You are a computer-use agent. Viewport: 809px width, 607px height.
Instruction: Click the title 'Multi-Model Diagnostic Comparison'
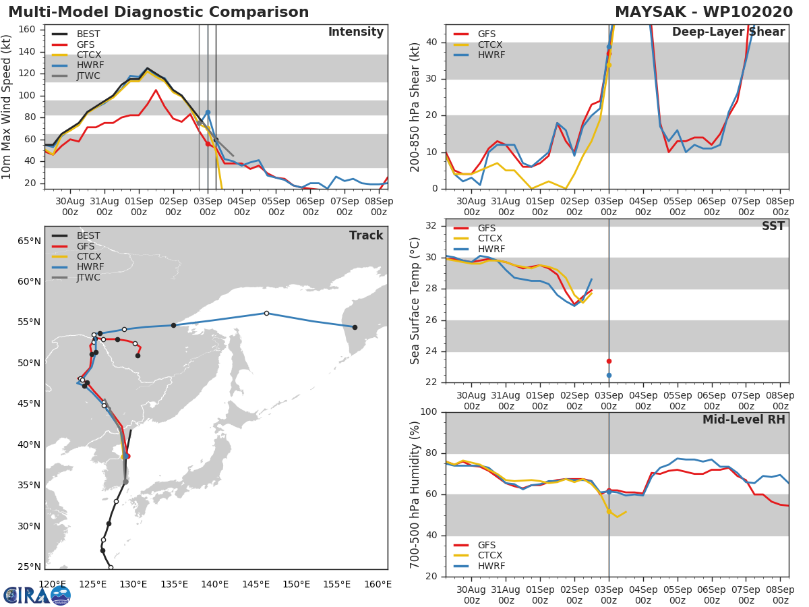(x=158, y=12)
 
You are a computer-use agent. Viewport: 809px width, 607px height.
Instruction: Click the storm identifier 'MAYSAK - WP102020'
(x=705, y=12)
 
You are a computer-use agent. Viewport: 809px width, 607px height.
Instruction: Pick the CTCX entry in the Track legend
(x=88, y=256)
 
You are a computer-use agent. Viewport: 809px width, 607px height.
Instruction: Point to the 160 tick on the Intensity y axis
(x=30, y=29)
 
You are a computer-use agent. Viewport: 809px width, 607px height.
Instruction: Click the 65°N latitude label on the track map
(x=28, y=241)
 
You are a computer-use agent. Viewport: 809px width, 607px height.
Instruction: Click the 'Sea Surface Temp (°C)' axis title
(x=415, y=300)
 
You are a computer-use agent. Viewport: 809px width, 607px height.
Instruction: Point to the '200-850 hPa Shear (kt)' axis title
(x=415, y=107)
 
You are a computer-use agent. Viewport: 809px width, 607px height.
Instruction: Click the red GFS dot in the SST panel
(x=609, y=361)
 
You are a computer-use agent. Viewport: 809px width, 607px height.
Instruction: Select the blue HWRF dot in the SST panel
(x=609, y=375)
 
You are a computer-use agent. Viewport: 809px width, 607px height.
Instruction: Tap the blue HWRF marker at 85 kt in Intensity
(x=208, y=112)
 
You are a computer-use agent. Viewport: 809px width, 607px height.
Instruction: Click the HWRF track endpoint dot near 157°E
(x=355, y=327)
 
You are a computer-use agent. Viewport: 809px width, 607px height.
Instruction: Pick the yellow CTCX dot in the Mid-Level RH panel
(x=609, y=511)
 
